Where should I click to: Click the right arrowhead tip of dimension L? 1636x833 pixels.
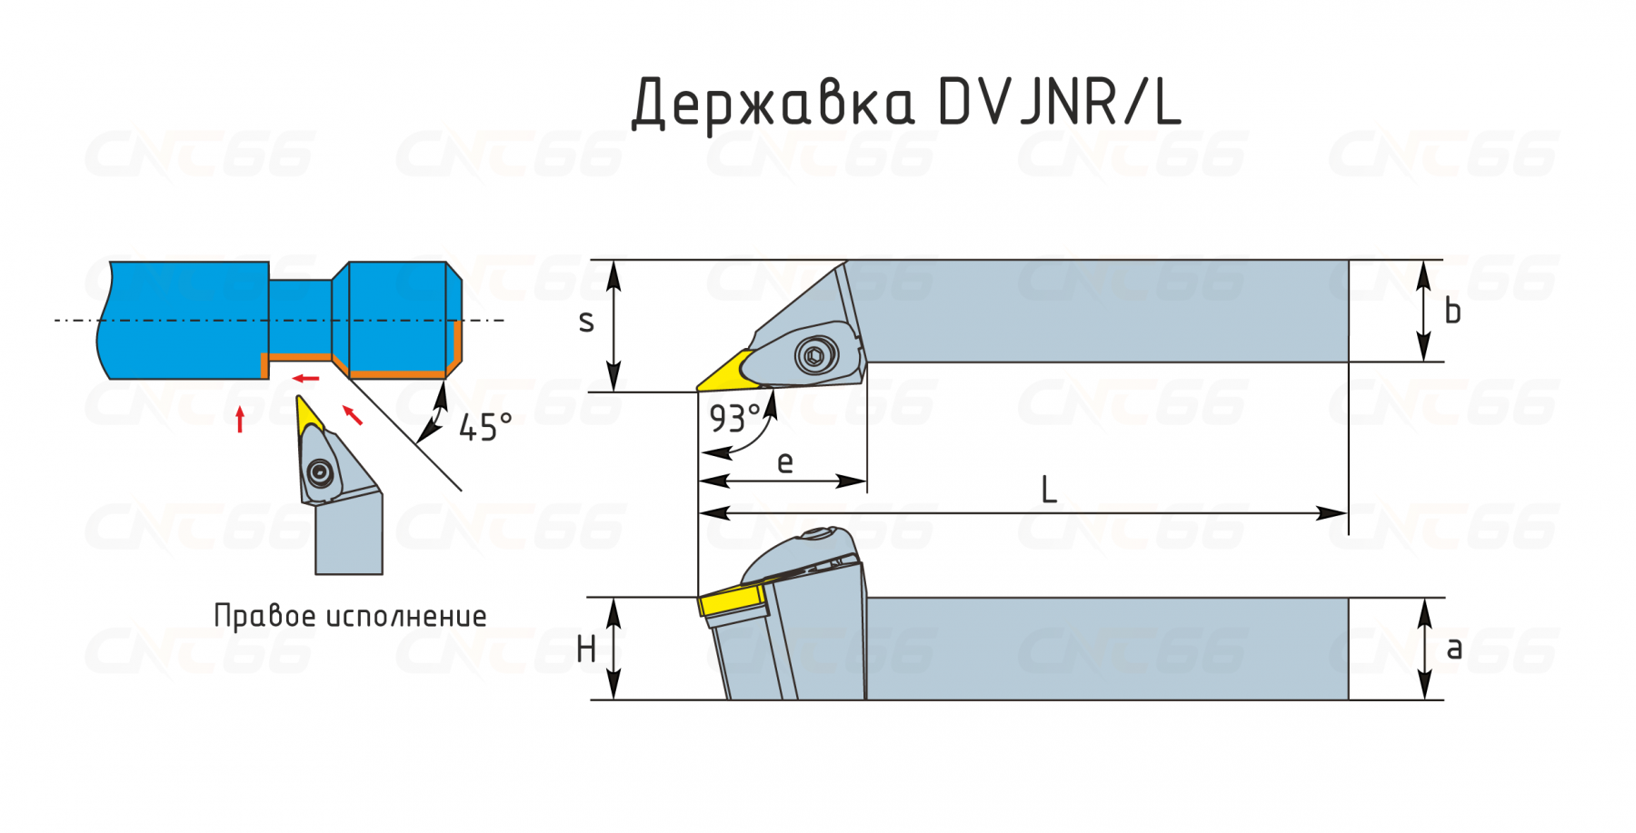pyautogui.click(x=1348, y=513)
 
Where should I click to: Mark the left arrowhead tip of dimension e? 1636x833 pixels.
pyautogui.click(x=698, y=481)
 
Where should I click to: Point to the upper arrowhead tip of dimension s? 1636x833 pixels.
pyautogui.click(x=614, y=261)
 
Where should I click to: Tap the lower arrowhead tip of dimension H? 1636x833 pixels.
pyautogui.click(x=614, y=699)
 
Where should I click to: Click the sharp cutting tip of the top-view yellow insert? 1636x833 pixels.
pyautogui.click(x=697, y=390)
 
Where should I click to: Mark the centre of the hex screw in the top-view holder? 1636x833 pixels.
pyautogui.click(x=815, y=355)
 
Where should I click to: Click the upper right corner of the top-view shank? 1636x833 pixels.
pyautogui.click(x=1348, y=261)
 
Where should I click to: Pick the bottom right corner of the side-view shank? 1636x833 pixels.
pyautogui.click(x=1348, y=699)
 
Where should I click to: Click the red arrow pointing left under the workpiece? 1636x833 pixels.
pyautogui.click(x=305, y=378)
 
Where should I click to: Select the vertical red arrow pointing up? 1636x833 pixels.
pyautogui.click(x=240, y=420)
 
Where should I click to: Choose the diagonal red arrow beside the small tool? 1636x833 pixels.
pyautogui.click(x=353, y=415)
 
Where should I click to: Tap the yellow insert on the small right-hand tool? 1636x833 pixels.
pyautogui.click(x=308, y=415)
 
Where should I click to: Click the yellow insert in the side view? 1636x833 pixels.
pyautogui.click(x=733, y=602)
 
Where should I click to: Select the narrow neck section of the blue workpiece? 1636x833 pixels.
pyautogui.click(x=300, y=317)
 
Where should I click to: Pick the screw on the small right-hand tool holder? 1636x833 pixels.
pyautogui.click(x=320, y=472)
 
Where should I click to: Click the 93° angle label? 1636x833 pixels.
pyautogui.click(x=735, y=419)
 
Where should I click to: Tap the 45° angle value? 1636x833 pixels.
pyautogui.click(x=485, y=427)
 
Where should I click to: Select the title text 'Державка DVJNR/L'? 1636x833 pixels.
pyautogui.click(x=906, y=103)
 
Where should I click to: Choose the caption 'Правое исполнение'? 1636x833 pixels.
pyautogui.click(x=350, y=616)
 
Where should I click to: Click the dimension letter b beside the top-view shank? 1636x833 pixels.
pyautogui.click(x=1452, y=312)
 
